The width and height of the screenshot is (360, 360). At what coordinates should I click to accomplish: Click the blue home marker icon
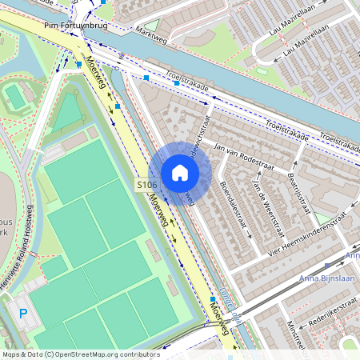pos(180,173)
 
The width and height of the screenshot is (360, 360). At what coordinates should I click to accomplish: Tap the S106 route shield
pos(146,185)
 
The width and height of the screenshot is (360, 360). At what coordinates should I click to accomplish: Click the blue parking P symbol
pos(22,314)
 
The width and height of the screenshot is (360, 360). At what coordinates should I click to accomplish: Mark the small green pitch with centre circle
pos(14,97)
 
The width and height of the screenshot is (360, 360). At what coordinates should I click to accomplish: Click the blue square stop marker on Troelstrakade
pos(176,82)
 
